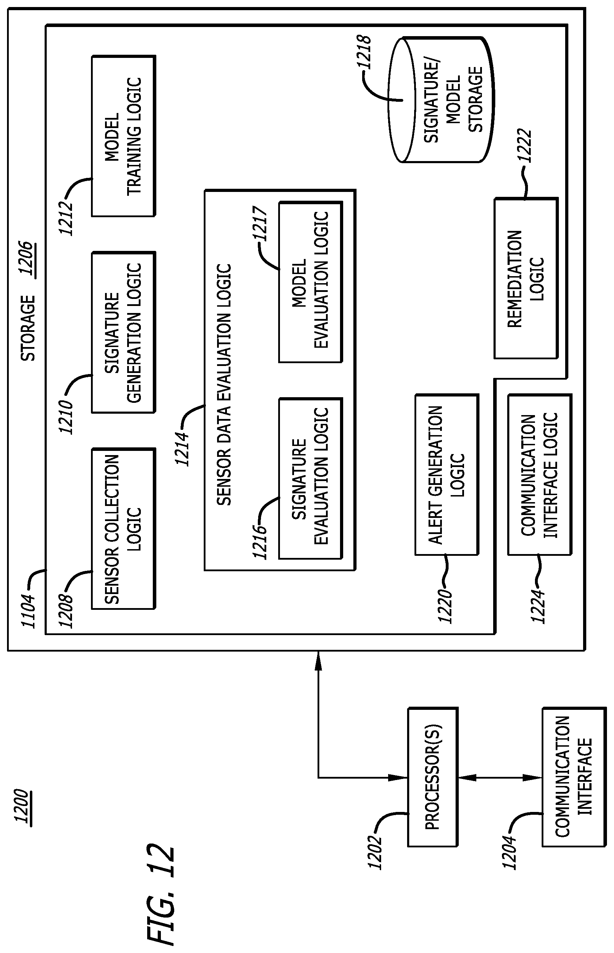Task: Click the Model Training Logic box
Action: click(124, 136)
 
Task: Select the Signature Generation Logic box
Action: click(124, 333)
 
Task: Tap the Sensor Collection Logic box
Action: click(124, 529)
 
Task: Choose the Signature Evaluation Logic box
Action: click(311, 478)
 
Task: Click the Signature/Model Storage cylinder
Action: click(442, 100)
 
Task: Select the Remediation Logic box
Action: click(526, 278)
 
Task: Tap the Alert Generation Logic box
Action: click(447, 475)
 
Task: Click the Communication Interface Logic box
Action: click(540, 475)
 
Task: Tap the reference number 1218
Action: click(364, 52)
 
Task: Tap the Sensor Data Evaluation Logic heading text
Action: click(224, 384)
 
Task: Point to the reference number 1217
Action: click(260, 224)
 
